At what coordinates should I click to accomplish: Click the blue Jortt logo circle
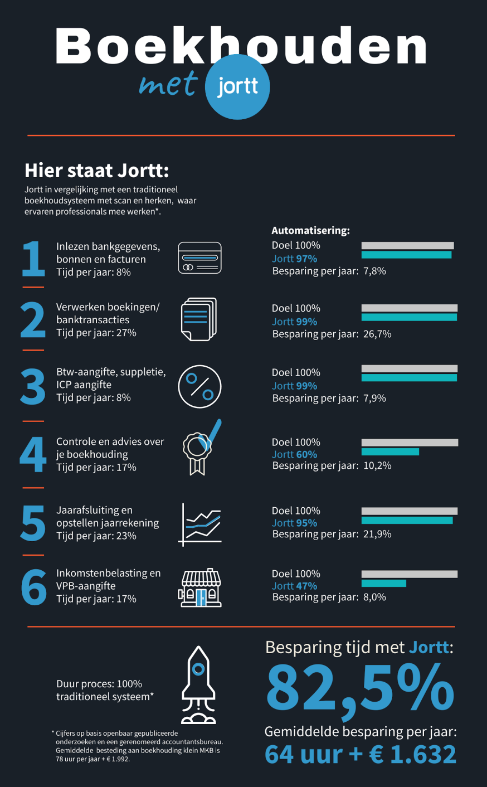[237, 87]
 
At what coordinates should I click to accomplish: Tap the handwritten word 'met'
[168, 84]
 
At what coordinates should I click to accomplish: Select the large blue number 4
[33, 455]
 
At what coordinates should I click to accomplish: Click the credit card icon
[199, 258]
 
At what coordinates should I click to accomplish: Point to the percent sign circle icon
[199, 386]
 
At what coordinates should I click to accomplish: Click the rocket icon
[198, 685]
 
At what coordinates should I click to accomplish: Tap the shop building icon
[199, 587]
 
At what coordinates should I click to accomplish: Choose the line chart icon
[200, 524]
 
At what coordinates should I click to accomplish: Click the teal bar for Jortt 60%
[390, 452]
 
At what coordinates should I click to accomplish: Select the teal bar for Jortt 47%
[384, 584]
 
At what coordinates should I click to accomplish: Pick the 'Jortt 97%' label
[294, 259]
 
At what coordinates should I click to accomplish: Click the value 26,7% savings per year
[377, 334]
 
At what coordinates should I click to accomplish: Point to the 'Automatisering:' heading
[310, 231]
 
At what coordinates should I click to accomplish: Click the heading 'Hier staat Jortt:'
[96, 171]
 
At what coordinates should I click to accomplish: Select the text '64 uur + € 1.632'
[360, 755]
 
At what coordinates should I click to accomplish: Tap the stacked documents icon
[199, 319]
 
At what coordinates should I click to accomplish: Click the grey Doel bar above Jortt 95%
[410, 511]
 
